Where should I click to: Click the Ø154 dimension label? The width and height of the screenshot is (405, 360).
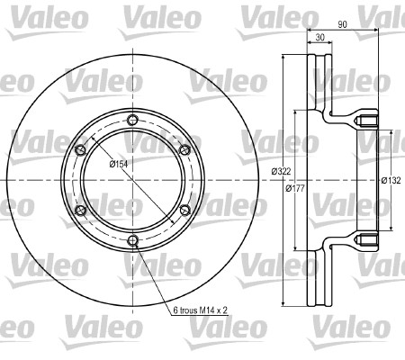(119, 164)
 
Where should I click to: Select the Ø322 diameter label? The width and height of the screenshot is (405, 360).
(281, 171)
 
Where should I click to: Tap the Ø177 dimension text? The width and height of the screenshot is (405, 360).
(295, 188)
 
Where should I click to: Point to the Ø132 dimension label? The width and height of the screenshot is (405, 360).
(391, 180)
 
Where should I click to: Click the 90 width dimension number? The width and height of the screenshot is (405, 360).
(342, 24)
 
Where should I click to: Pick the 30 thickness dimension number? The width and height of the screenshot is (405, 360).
(320, 38)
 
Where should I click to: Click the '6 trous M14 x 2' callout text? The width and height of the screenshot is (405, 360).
(201, 310)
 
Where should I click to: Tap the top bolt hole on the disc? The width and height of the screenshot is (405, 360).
(132, 120)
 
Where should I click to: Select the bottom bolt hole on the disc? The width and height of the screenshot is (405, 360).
(132, 240)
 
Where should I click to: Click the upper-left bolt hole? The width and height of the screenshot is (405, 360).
(80, 150)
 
